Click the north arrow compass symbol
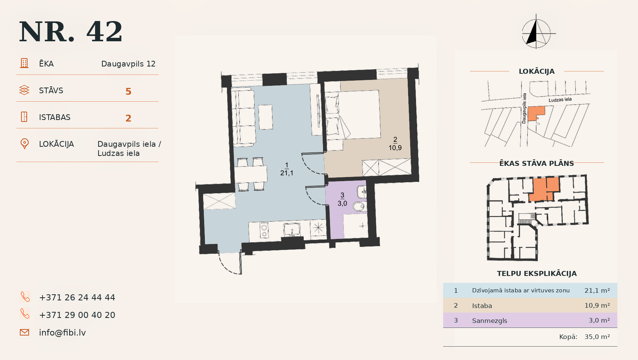[x=536, y=32]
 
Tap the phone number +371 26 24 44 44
[x=77, y=297]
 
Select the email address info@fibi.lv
[x=62, y=332]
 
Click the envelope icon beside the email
[x=24, y=332]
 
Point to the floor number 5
[x=128, y=91]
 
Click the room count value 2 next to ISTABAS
[x=128, y=118]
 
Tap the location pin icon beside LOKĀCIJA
[x=24, y=144]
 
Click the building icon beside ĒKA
[x=24, y=63]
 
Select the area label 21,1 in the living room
[x=287, y=173]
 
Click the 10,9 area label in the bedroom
[x=395, y=148]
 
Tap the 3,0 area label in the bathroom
[x=342, y=203]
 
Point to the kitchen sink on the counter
[x=291, y=230]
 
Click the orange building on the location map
[x=536, y=114]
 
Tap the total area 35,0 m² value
[x=597, y=337]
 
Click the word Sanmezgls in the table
[x=490, y=321]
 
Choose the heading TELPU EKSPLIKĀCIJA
[x=537, y=274]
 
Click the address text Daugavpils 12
[x=128, y=64]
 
